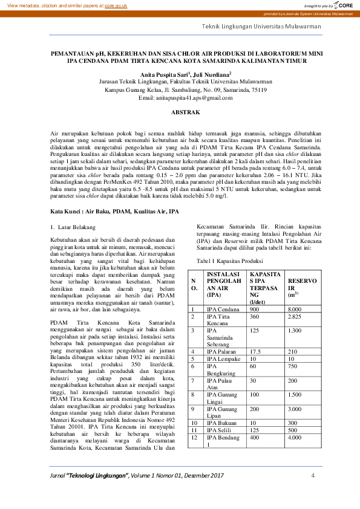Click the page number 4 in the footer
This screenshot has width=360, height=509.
click(313, 476)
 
